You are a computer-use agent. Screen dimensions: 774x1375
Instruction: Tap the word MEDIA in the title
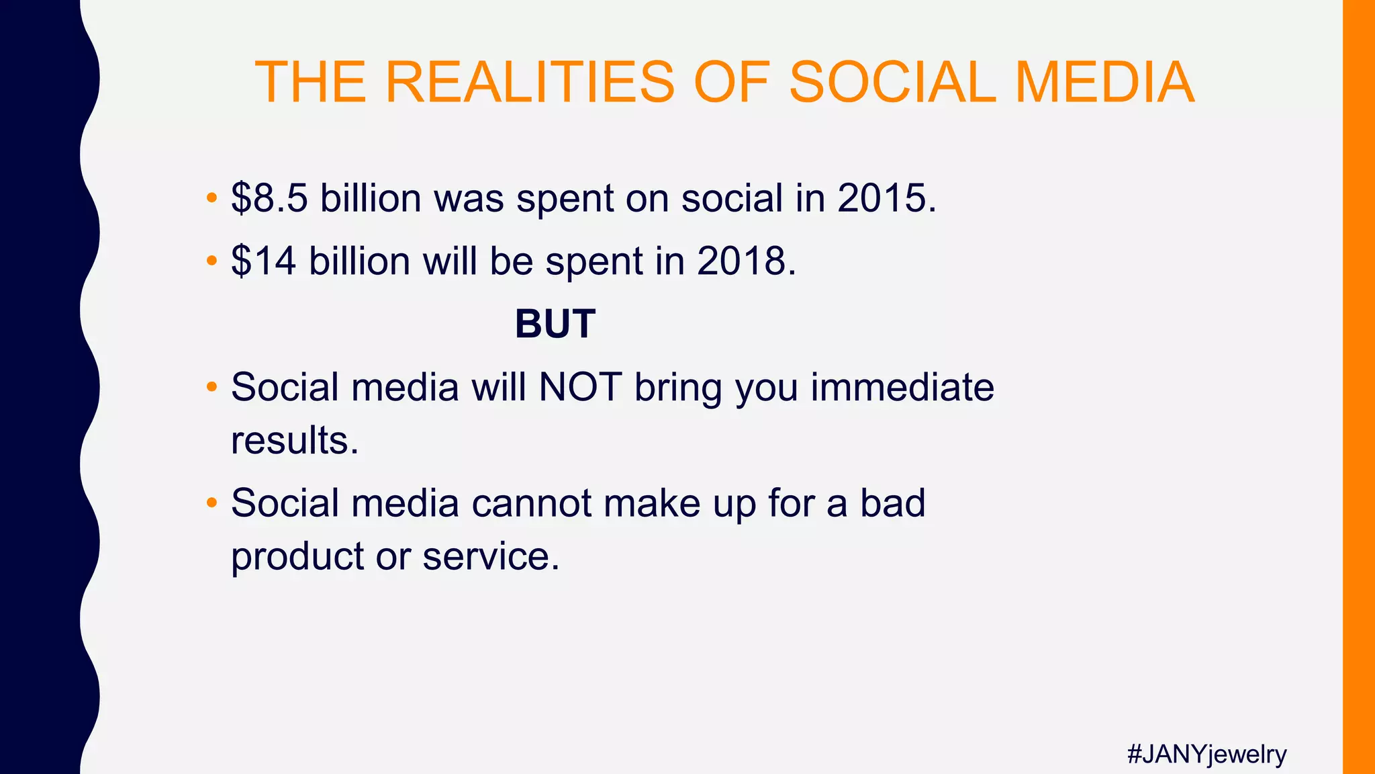click(1104, 82)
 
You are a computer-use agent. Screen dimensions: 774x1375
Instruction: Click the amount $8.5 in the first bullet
click(269, 198)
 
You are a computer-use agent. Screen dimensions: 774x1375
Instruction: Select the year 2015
click(886, 198)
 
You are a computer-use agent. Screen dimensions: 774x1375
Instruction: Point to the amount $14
click(263, 261)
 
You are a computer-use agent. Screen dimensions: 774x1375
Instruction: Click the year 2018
click(746, 261)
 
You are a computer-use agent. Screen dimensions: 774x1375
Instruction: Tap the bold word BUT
click(555, 324)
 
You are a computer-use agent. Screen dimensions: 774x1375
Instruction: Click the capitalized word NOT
click(580, 388)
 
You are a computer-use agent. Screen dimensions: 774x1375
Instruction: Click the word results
click(295, 441)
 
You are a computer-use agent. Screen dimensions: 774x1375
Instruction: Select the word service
click(491, 556)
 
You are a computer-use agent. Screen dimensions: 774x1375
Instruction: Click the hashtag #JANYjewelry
click(1206, 754)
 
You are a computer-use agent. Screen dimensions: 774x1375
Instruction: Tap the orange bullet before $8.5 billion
click(211, 198)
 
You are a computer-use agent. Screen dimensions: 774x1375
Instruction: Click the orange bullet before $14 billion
click(211, 261)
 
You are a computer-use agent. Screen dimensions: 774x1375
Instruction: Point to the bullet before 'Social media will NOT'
click(211, 388)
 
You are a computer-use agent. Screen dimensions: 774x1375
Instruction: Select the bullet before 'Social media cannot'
click(211, 503)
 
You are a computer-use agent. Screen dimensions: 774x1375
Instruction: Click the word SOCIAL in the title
click(892, 82)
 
